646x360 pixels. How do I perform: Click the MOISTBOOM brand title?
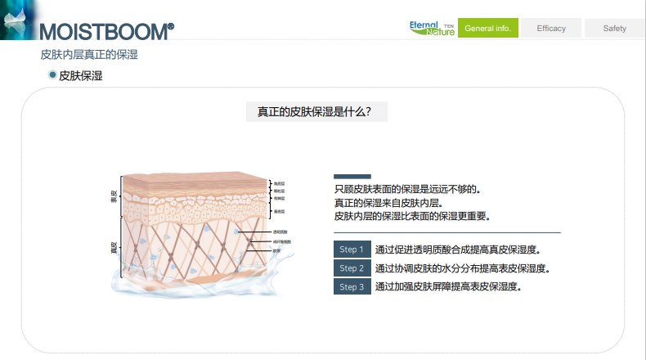107,30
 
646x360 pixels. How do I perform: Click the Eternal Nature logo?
432,28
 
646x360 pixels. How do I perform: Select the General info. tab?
487,29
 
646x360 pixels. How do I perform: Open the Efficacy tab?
551,29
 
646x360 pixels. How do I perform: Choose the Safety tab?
614,29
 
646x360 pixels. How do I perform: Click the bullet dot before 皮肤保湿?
52,75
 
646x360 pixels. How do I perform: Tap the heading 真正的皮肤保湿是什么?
315,111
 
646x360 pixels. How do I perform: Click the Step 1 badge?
352,250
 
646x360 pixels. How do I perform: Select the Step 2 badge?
352,268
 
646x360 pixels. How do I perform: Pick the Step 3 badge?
352,287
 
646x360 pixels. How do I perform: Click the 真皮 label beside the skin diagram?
114,246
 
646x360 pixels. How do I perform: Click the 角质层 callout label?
279,184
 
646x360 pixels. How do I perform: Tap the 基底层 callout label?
279,212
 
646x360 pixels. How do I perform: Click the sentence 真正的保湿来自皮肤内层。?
388,203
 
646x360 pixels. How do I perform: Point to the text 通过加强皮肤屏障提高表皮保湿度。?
448,287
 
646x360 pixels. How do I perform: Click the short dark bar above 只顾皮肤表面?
352,177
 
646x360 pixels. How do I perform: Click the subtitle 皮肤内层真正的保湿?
89,55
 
